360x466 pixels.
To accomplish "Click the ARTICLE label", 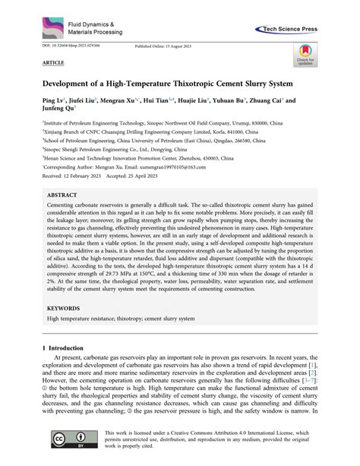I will pos(53,63).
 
